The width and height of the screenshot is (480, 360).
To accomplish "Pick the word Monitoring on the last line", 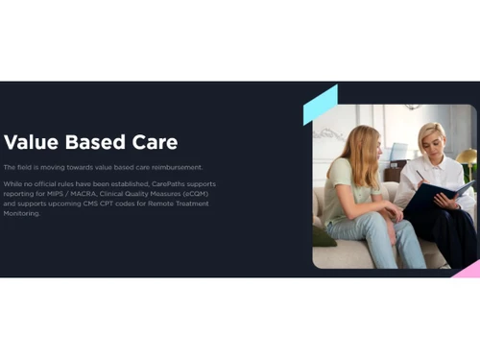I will tap(21, 213).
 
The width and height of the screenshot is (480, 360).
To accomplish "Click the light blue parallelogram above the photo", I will tap(321, 105).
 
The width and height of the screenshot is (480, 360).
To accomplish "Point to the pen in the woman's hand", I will tap(421, 176).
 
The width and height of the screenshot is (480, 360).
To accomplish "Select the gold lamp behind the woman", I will tap(466, 156).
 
